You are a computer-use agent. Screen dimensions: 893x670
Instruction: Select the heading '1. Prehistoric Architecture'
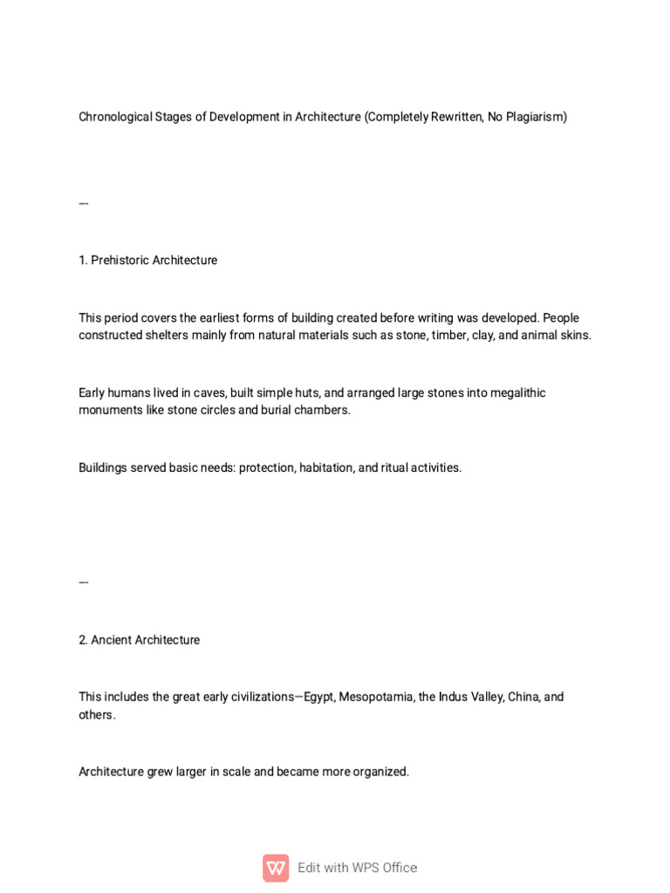[x=147, y=260]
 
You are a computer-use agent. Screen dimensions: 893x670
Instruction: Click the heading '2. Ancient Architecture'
[x=139, y=640]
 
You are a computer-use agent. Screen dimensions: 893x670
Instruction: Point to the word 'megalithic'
[x=516, y=392]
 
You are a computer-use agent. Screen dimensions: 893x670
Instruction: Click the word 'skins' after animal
[x=573, y=335]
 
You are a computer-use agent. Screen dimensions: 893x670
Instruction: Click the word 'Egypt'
[x=318, y=697]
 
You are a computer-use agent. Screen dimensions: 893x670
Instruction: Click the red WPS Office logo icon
[x=276, y=868]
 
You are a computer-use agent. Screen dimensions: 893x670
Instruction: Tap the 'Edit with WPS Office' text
[x=357, y=868]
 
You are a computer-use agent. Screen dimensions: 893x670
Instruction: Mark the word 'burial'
[x=278, y=410]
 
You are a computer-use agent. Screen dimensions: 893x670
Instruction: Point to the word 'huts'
[x=304, y=392]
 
